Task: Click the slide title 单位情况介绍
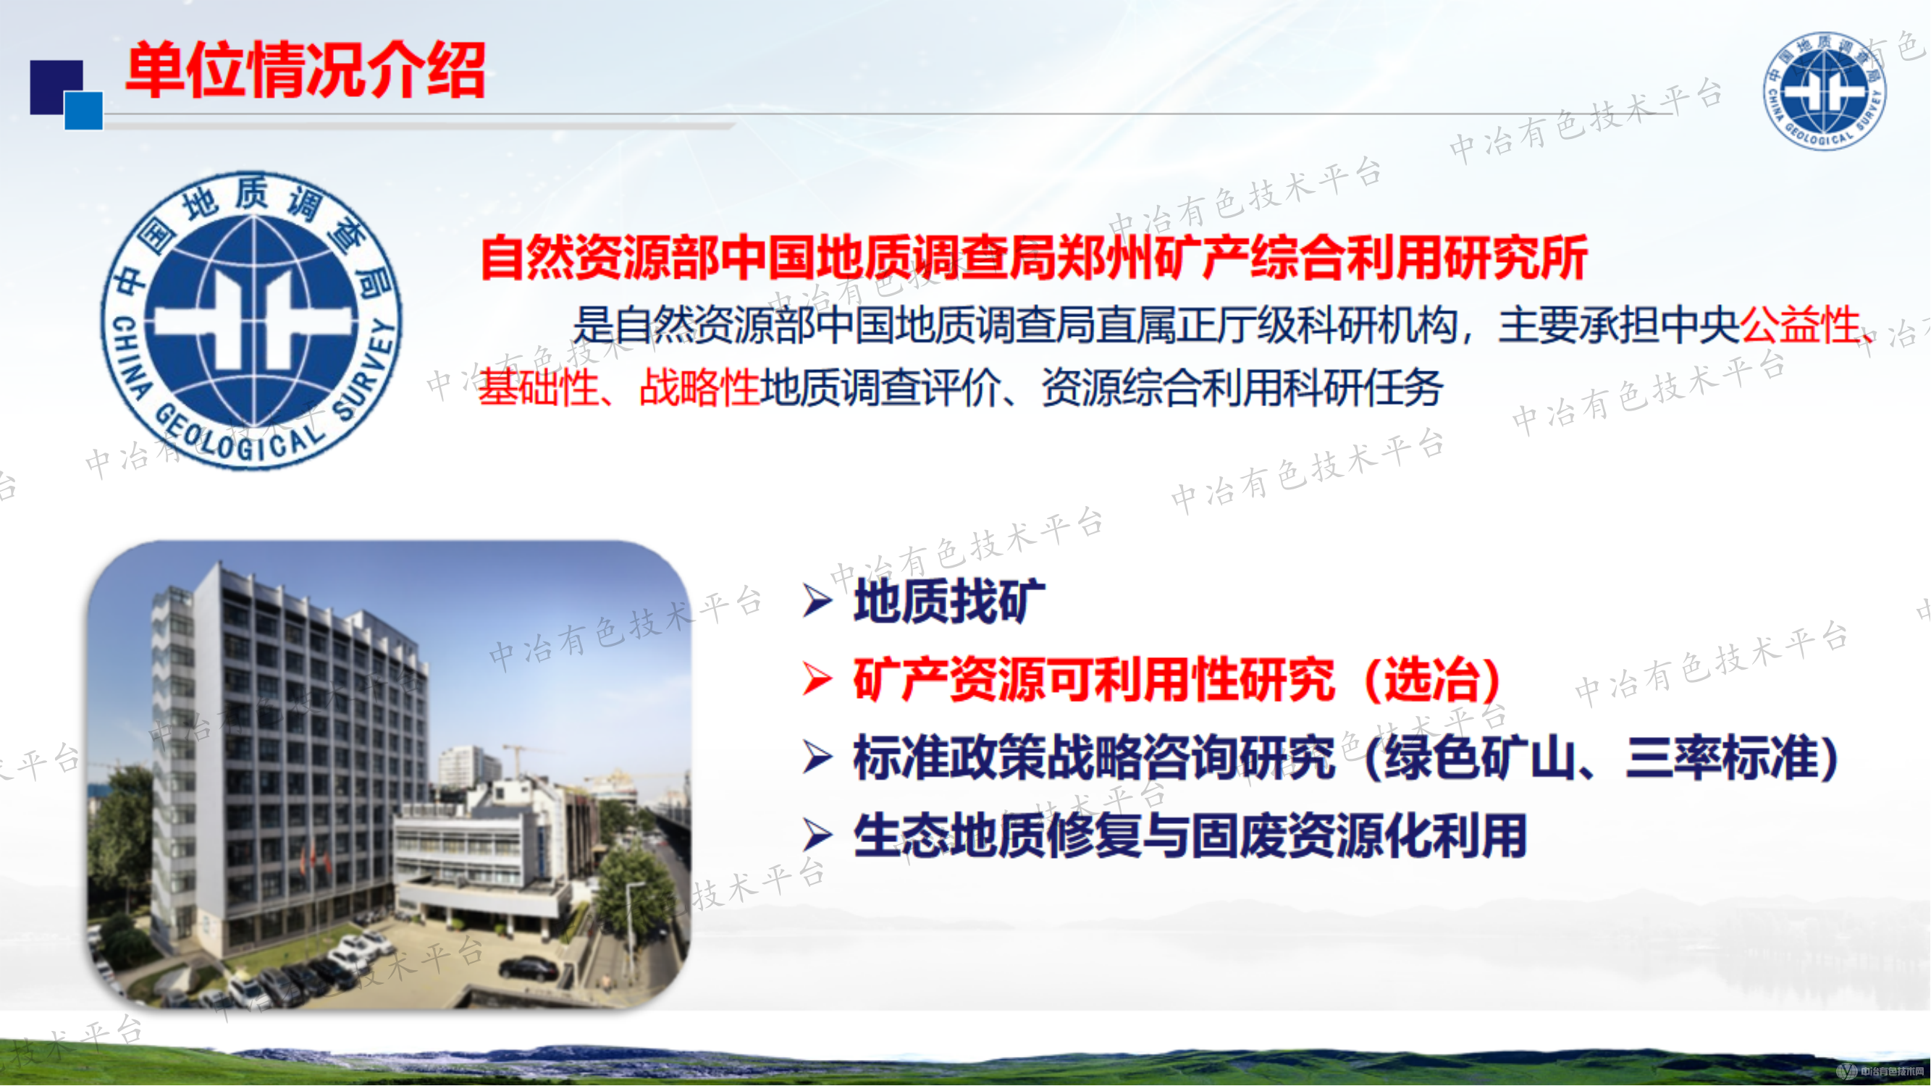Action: (305, 70)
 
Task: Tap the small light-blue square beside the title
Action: (83, 111)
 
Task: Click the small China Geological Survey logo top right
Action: (1824, 90)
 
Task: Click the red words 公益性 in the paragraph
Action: (1800, 325)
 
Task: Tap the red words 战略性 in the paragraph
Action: (699, 387)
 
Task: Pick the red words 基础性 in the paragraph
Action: (538, 387)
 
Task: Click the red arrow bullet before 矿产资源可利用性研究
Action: (817, 678)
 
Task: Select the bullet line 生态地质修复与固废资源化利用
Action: (1190, 835)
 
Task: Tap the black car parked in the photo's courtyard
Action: (529, 968)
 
